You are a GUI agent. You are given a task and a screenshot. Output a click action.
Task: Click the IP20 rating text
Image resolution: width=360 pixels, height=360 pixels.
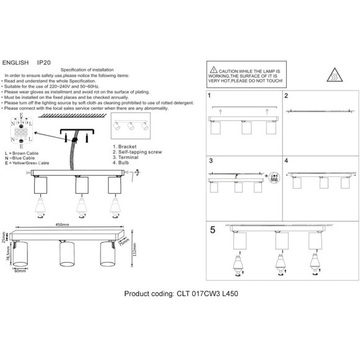(43, 63)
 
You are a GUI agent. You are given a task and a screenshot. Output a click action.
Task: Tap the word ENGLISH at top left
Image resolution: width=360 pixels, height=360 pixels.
(16, 63)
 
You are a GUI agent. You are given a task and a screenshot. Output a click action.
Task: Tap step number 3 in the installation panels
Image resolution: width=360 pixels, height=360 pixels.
(210, 161)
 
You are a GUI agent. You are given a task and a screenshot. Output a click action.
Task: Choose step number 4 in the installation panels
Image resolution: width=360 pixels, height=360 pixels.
(286, 161)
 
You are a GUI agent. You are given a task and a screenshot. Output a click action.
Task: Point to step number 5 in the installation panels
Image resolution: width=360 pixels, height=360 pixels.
(212, 229)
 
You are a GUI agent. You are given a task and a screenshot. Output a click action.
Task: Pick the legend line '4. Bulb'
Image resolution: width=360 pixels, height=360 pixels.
(122, 168)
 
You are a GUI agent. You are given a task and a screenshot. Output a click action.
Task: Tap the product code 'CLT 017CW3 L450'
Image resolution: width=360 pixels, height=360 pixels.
(207, 295)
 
